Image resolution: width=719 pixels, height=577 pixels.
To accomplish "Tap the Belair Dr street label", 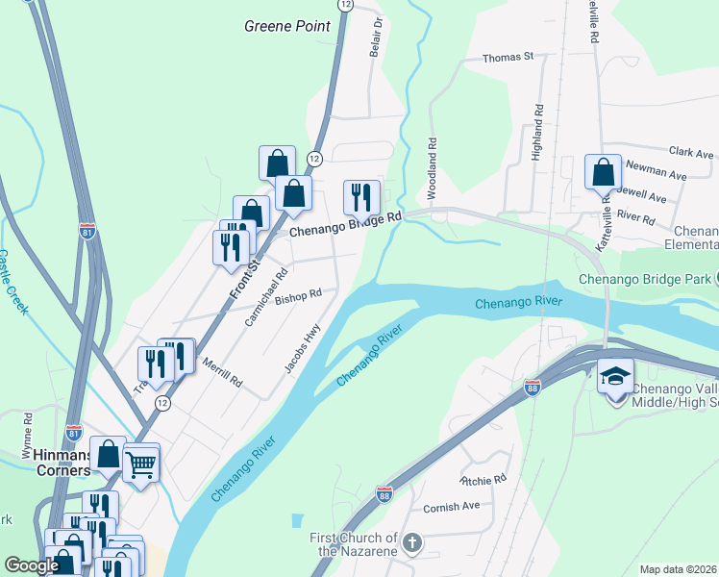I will [x=377, y=37].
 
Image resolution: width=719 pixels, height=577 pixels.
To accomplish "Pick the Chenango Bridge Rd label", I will [x=346, y=225].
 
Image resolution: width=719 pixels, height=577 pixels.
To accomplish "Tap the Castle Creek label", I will [x=13, y=285].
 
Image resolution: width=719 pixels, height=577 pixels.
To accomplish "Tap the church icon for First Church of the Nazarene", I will [x=411, y=543].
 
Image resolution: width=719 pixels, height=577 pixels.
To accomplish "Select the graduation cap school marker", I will [x=615, y=376].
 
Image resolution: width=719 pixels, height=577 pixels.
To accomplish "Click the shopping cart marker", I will [x=141, y=465].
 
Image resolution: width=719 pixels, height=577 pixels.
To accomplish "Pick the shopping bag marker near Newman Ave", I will [x=603, y=173].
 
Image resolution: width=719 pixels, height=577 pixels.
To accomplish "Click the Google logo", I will [x=31, y=565].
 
